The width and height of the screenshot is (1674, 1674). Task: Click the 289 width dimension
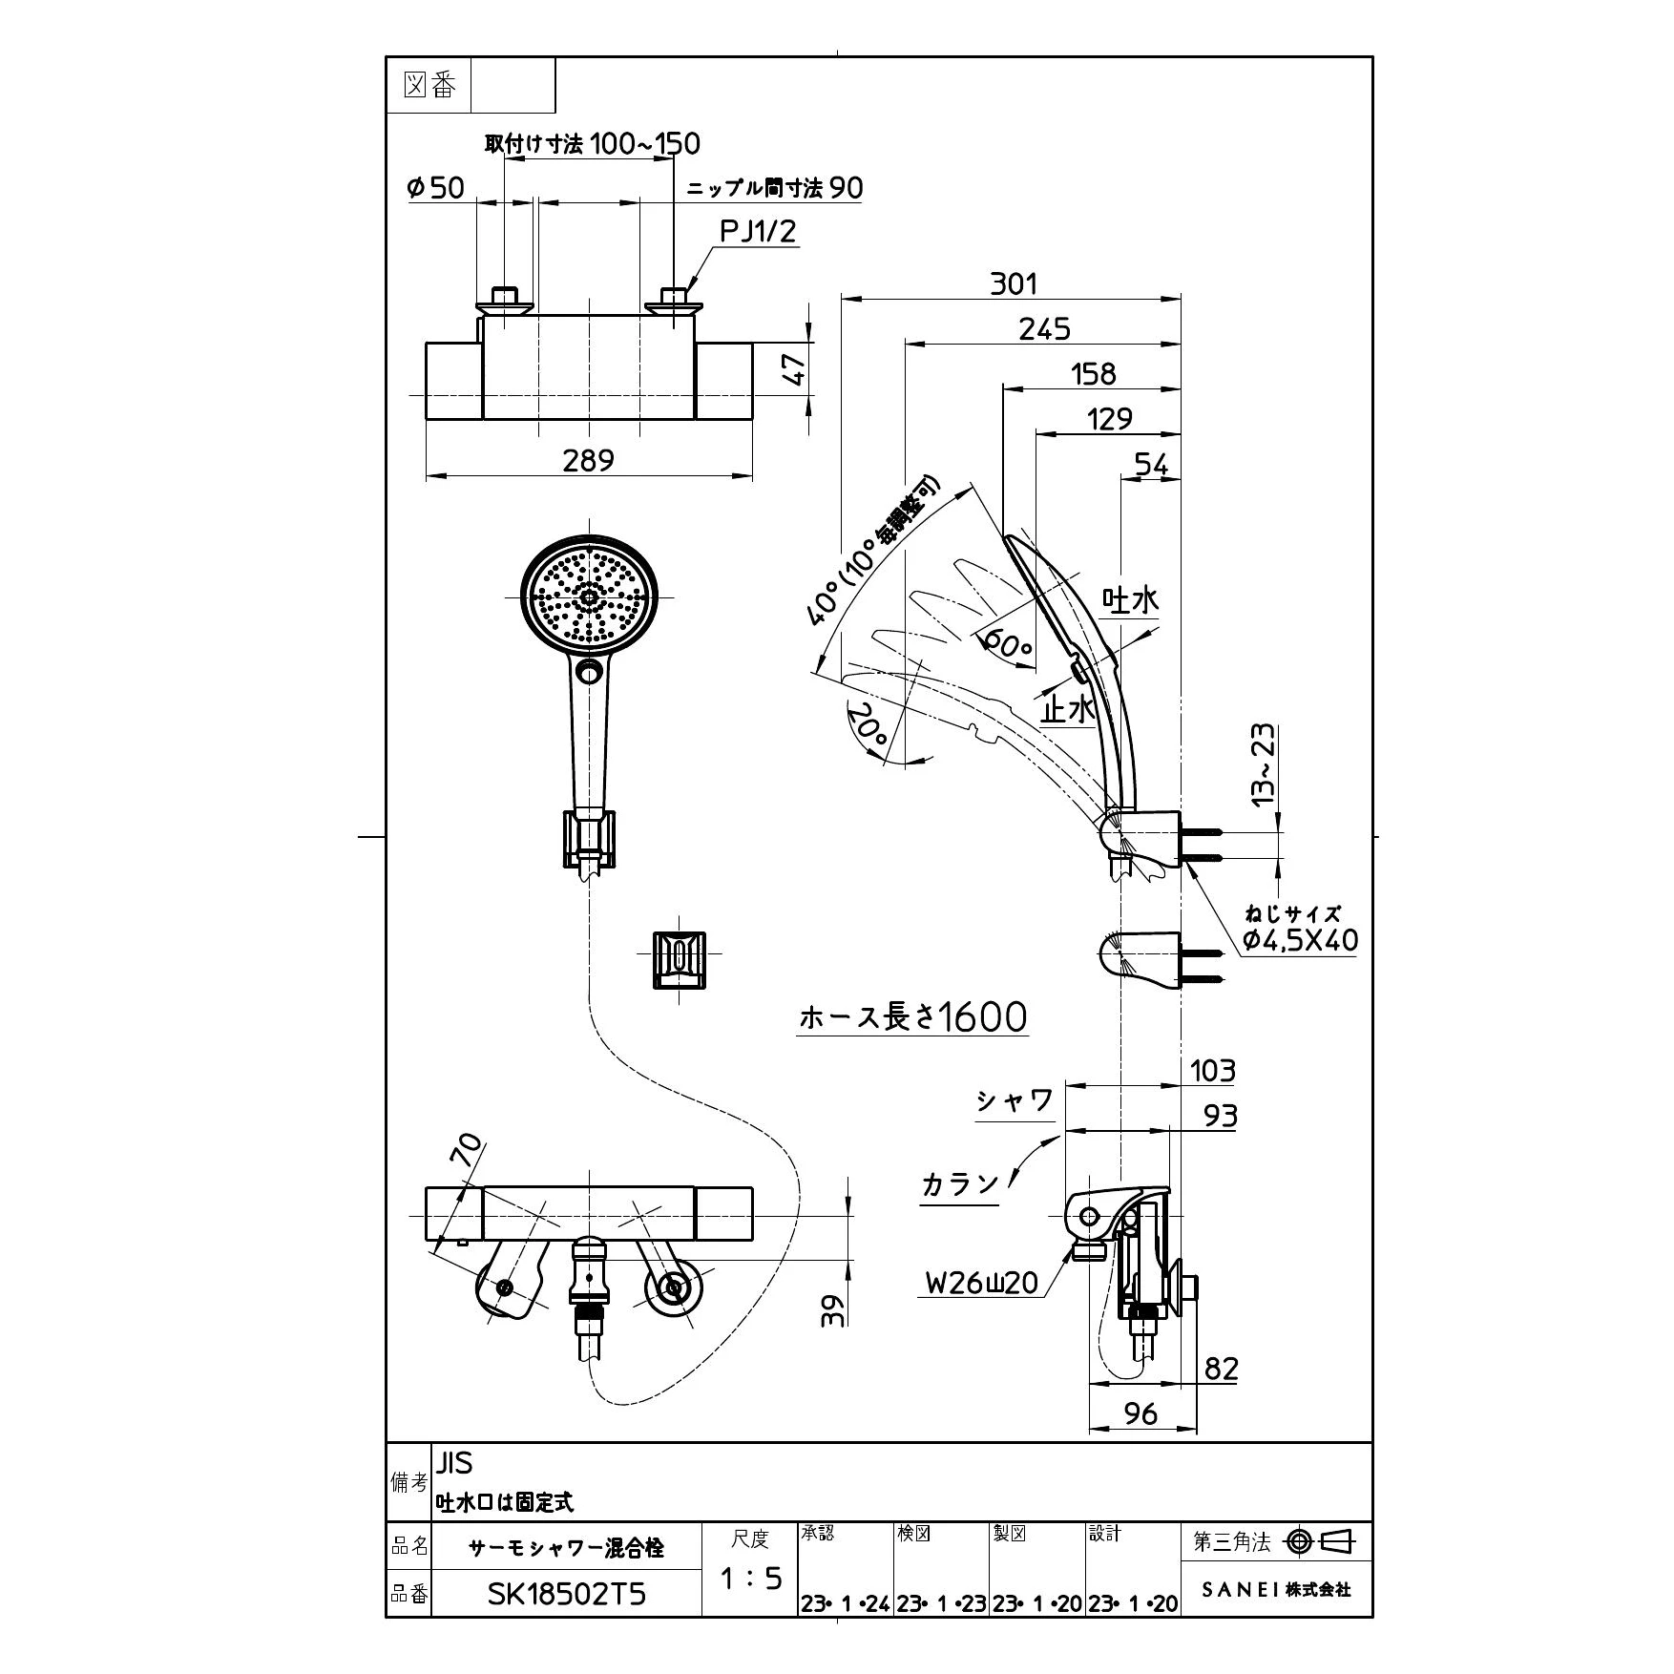588,460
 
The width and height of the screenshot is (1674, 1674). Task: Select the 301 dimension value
1013,283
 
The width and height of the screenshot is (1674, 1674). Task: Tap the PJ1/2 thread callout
758,231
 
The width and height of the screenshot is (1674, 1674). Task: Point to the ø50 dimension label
435,187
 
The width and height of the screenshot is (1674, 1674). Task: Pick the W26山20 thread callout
981,1282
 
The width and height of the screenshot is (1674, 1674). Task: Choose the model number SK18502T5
567,1594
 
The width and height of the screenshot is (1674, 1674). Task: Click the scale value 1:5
750,1579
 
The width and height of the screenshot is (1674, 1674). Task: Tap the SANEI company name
1275,1590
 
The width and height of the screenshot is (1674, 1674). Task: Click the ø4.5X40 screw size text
1300,940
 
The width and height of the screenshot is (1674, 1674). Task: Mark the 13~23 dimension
1262,764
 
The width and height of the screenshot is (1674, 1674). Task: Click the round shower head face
589,599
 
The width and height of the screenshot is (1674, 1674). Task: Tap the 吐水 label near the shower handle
1131,599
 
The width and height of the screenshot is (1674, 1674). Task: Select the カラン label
960,1184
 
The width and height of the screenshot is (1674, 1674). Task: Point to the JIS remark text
454,1463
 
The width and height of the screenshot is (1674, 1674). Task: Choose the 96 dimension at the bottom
1142,1413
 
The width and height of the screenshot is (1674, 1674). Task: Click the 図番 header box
429,86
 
